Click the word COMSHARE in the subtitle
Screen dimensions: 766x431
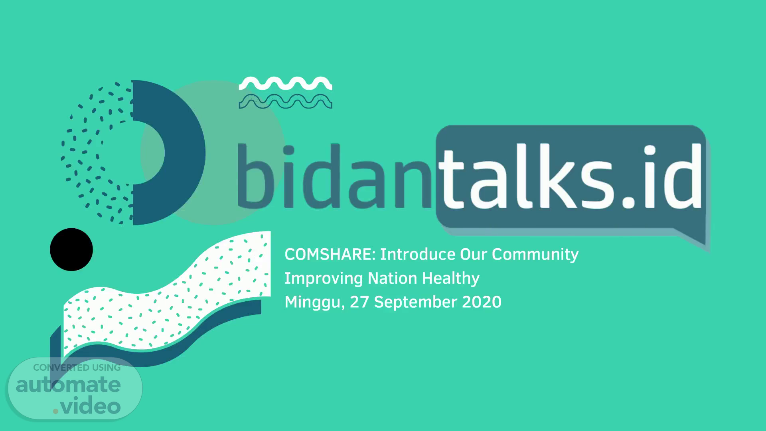(330, 254)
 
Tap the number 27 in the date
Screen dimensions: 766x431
(359, 302)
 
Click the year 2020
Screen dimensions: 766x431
(482, 302)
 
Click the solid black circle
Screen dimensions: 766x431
(71, 249)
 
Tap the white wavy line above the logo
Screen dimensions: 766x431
(285, 83)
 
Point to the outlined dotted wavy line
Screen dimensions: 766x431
(285, 101)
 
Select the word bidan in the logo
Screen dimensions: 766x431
(334, 176)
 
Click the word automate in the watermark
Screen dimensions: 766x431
(68, 385)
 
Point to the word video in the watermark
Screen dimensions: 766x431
(91, 406)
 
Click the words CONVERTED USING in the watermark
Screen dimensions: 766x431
(77, 368)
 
